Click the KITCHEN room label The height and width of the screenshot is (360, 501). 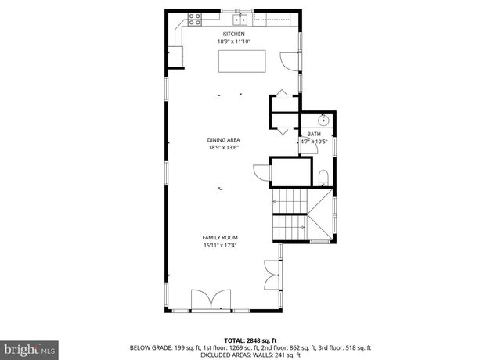pos(234,34)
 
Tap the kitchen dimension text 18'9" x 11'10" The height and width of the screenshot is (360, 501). pos(234,41)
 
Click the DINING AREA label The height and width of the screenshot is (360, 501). pos(223,140)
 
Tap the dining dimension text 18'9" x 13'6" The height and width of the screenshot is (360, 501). pos(223,147)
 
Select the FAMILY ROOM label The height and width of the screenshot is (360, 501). pos(220,238)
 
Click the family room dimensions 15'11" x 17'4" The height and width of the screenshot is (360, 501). pos(220,245)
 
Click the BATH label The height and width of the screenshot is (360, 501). pos(313,135)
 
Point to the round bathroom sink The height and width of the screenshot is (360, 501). pos(325,121)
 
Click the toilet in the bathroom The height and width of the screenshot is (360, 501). pos(323,177)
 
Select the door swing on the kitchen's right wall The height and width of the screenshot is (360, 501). pos(291,60)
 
